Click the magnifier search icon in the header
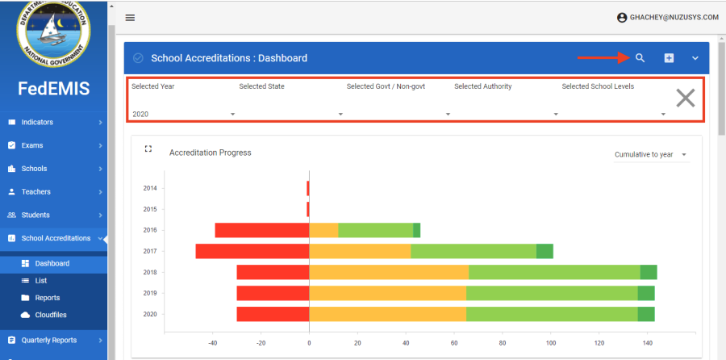tap(640, 58)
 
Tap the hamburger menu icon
tap(130, 18)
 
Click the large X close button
tap(685, 98)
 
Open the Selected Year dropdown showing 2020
tap(183, 114)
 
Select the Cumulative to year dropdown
tap(650, 154)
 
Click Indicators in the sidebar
tap(38, 123)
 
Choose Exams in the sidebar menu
tap(32, 146)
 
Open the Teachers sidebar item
tap(36, 192)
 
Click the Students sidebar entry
tap(36, 216)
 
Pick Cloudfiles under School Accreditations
tap(51, 315)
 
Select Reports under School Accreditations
tap(48, 298)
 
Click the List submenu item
tap(42, 280)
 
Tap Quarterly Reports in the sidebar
tap(49, 341)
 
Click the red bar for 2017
tap(252, 251)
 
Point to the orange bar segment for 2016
tap(323, 230)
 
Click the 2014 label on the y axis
tap(150, 188)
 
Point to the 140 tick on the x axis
tap(647, 342)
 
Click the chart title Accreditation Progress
tap(210, 153)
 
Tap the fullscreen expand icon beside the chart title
tap(148, 149)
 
